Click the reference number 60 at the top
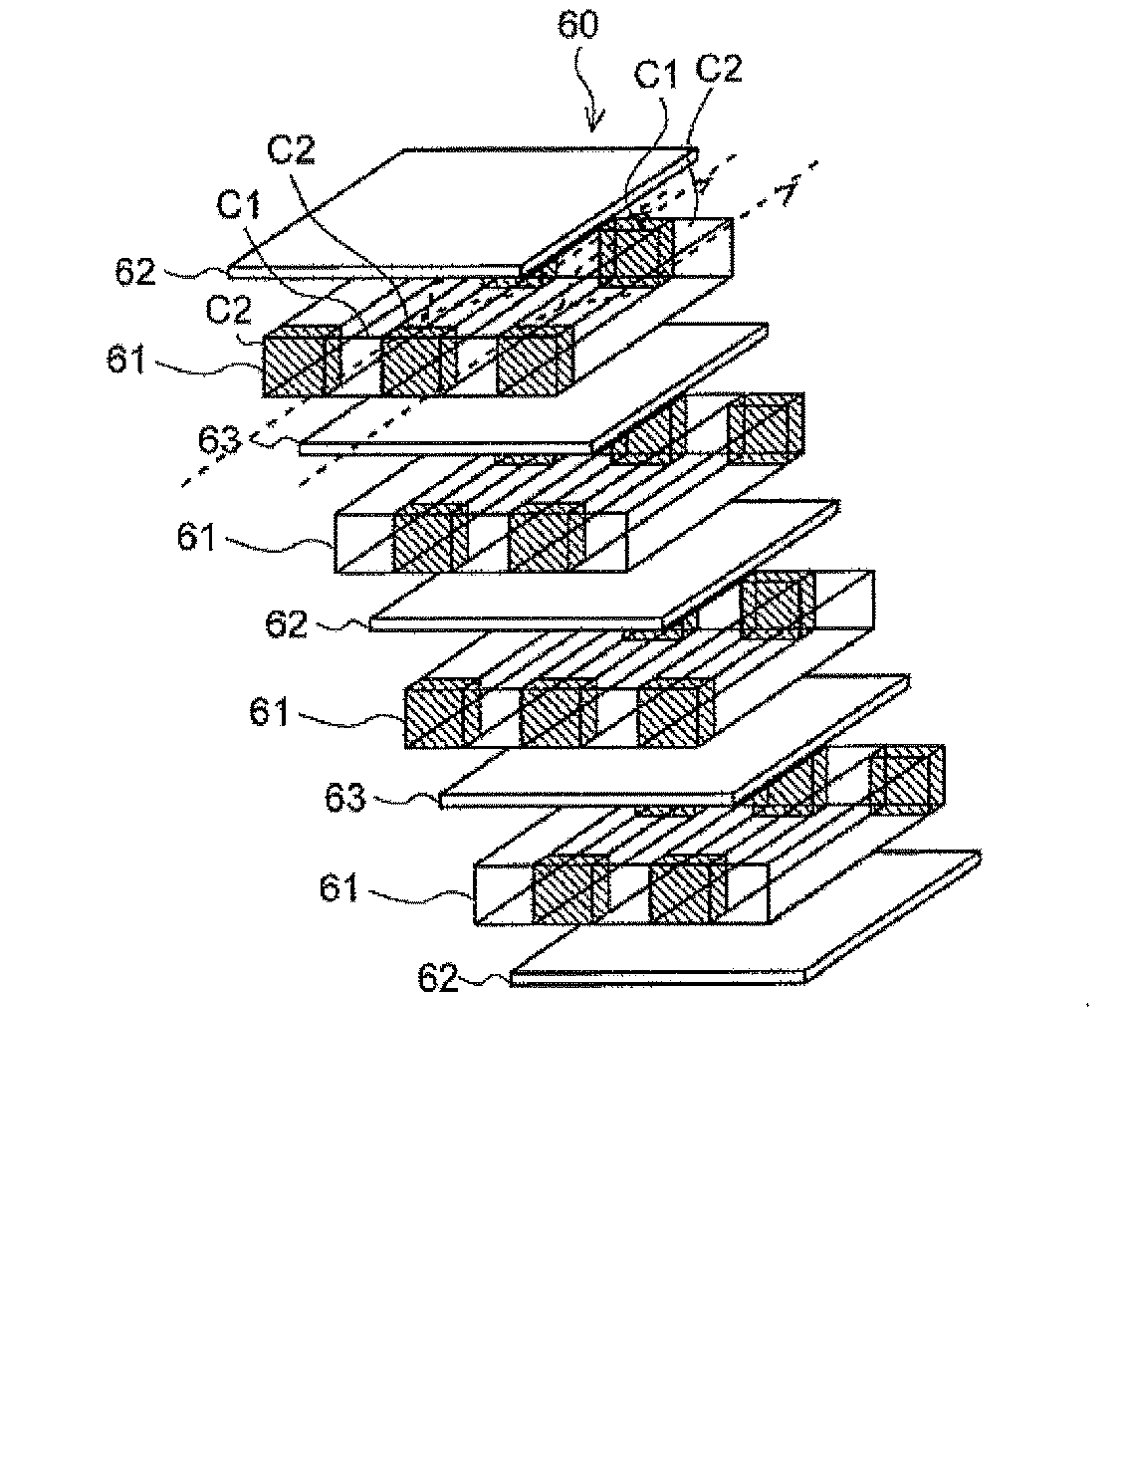tap(578, 26)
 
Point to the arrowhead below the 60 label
tap(595, 123)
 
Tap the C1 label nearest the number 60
tap(656, 76)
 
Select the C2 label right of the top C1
tap(720, 69)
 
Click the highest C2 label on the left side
tap(292, 150)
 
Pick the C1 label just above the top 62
tap(239, 205)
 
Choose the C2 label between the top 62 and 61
tap(229, 311)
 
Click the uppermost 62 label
tap(135, 272)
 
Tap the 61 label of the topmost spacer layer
tap(126, 359)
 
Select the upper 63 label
tap(219, 440)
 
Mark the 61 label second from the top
tap(197, 537)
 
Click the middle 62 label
tap(286, 624)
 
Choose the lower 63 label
tap(345, 799)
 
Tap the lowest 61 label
tap(339, 888)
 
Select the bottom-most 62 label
tap(438, 979)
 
